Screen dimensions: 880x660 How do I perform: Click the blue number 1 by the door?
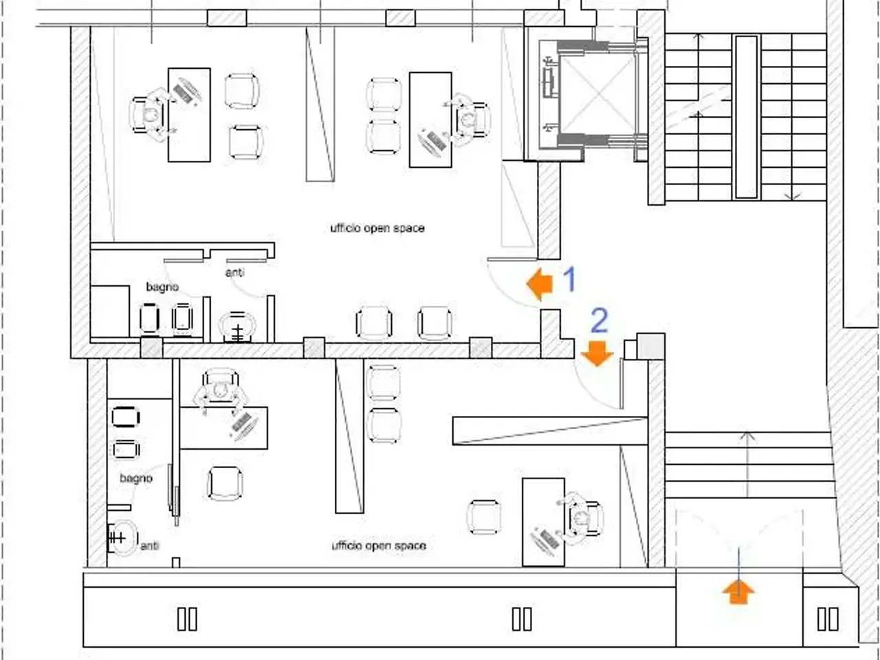click(570, 279)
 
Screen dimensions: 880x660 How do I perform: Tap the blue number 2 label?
click(599, 320)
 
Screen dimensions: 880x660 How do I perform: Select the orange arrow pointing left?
click(540, 284)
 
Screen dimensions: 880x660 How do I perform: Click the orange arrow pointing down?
click(597, 353)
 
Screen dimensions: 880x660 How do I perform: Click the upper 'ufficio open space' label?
click(377, 228)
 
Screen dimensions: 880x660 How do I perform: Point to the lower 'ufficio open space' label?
click(379, 545)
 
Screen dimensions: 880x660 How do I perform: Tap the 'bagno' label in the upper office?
click(162, 287)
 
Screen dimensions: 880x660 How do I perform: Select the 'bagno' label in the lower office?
click(136, 478)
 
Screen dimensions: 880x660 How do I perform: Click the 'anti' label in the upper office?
click(235, 272)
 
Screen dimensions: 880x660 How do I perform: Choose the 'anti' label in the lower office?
click(150, 545)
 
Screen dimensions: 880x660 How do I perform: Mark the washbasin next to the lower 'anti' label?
click(122, 538)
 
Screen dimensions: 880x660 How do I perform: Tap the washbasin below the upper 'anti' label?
click(237, 327)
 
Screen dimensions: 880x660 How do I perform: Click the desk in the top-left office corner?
click(189, 115)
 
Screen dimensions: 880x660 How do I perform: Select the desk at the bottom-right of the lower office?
click(544, 522)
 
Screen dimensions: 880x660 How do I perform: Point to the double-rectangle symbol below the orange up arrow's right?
click(828, 619)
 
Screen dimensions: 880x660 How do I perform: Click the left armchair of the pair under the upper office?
click(374, 322)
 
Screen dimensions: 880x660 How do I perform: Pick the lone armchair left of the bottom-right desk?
click(484, 517)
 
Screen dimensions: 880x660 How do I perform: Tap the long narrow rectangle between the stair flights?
click(747, 117)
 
